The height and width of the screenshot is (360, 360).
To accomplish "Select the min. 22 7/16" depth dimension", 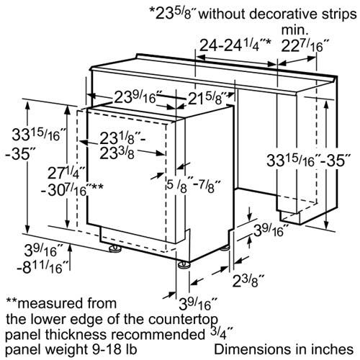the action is (x=305, y=45).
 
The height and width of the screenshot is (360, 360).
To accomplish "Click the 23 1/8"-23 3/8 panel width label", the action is (x=122, y=145).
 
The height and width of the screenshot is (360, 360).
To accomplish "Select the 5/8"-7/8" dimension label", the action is (x=194, y=186).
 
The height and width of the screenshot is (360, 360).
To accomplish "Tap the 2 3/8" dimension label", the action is (x=248, y=281).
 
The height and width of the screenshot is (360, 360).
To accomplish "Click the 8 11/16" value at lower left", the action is (x=42, y=267).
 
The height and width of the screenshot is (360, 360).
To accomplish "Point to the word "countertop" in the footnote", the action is (x=183, y=320).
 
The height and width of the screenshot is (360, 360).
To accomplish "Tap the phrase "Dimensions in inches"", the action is (x=284, y=349).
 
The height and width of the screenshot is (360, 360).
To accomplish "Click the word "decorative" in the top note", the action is (x=283, y=14).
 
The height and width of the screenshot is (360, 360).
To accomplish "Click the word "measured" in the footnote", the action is (x=68, y=303).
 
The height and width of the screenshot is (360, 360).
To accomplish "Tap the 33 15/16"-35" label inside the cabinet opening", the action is (x=308, y=161).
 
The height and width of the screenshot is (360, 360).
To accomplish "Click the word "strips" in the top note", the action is (x=339, y=14).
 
